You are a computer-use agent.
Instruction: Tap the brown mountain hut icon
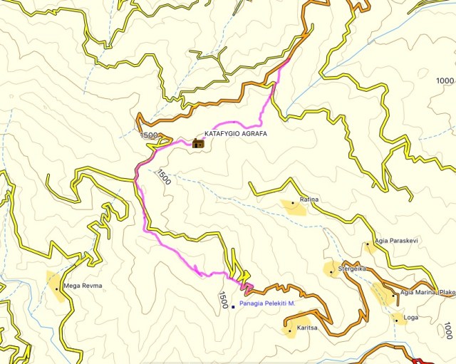[198, 143]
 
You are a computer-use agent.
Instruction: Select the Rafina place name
[309, 200]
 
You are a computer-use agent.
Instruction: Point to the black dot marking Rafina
[292, 204]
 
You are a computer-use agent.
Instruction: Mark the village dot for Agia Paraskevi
[368, 244]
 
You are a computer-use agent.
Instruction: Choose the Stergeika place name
[353, 269]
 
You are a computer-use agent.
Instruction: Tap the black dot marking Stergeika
[332, 271]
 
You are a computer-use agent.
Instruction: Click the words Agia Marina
[418, 292]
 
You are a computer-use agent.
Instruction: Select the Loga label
[410, 316]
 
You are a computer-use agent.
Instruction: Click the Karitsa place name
[308, 329]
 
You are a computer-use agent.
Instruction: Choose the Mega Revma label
[83, 286]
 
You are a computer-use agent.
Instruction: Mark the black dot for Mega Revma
[57, 289]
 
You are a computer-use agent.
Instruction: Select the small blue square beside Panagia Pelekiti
[233, 307]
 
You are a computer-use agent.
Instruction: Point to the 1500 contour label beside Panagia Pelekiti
[222, 300]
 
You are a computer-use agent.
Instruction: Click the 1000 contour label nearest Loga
[447, 331]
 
